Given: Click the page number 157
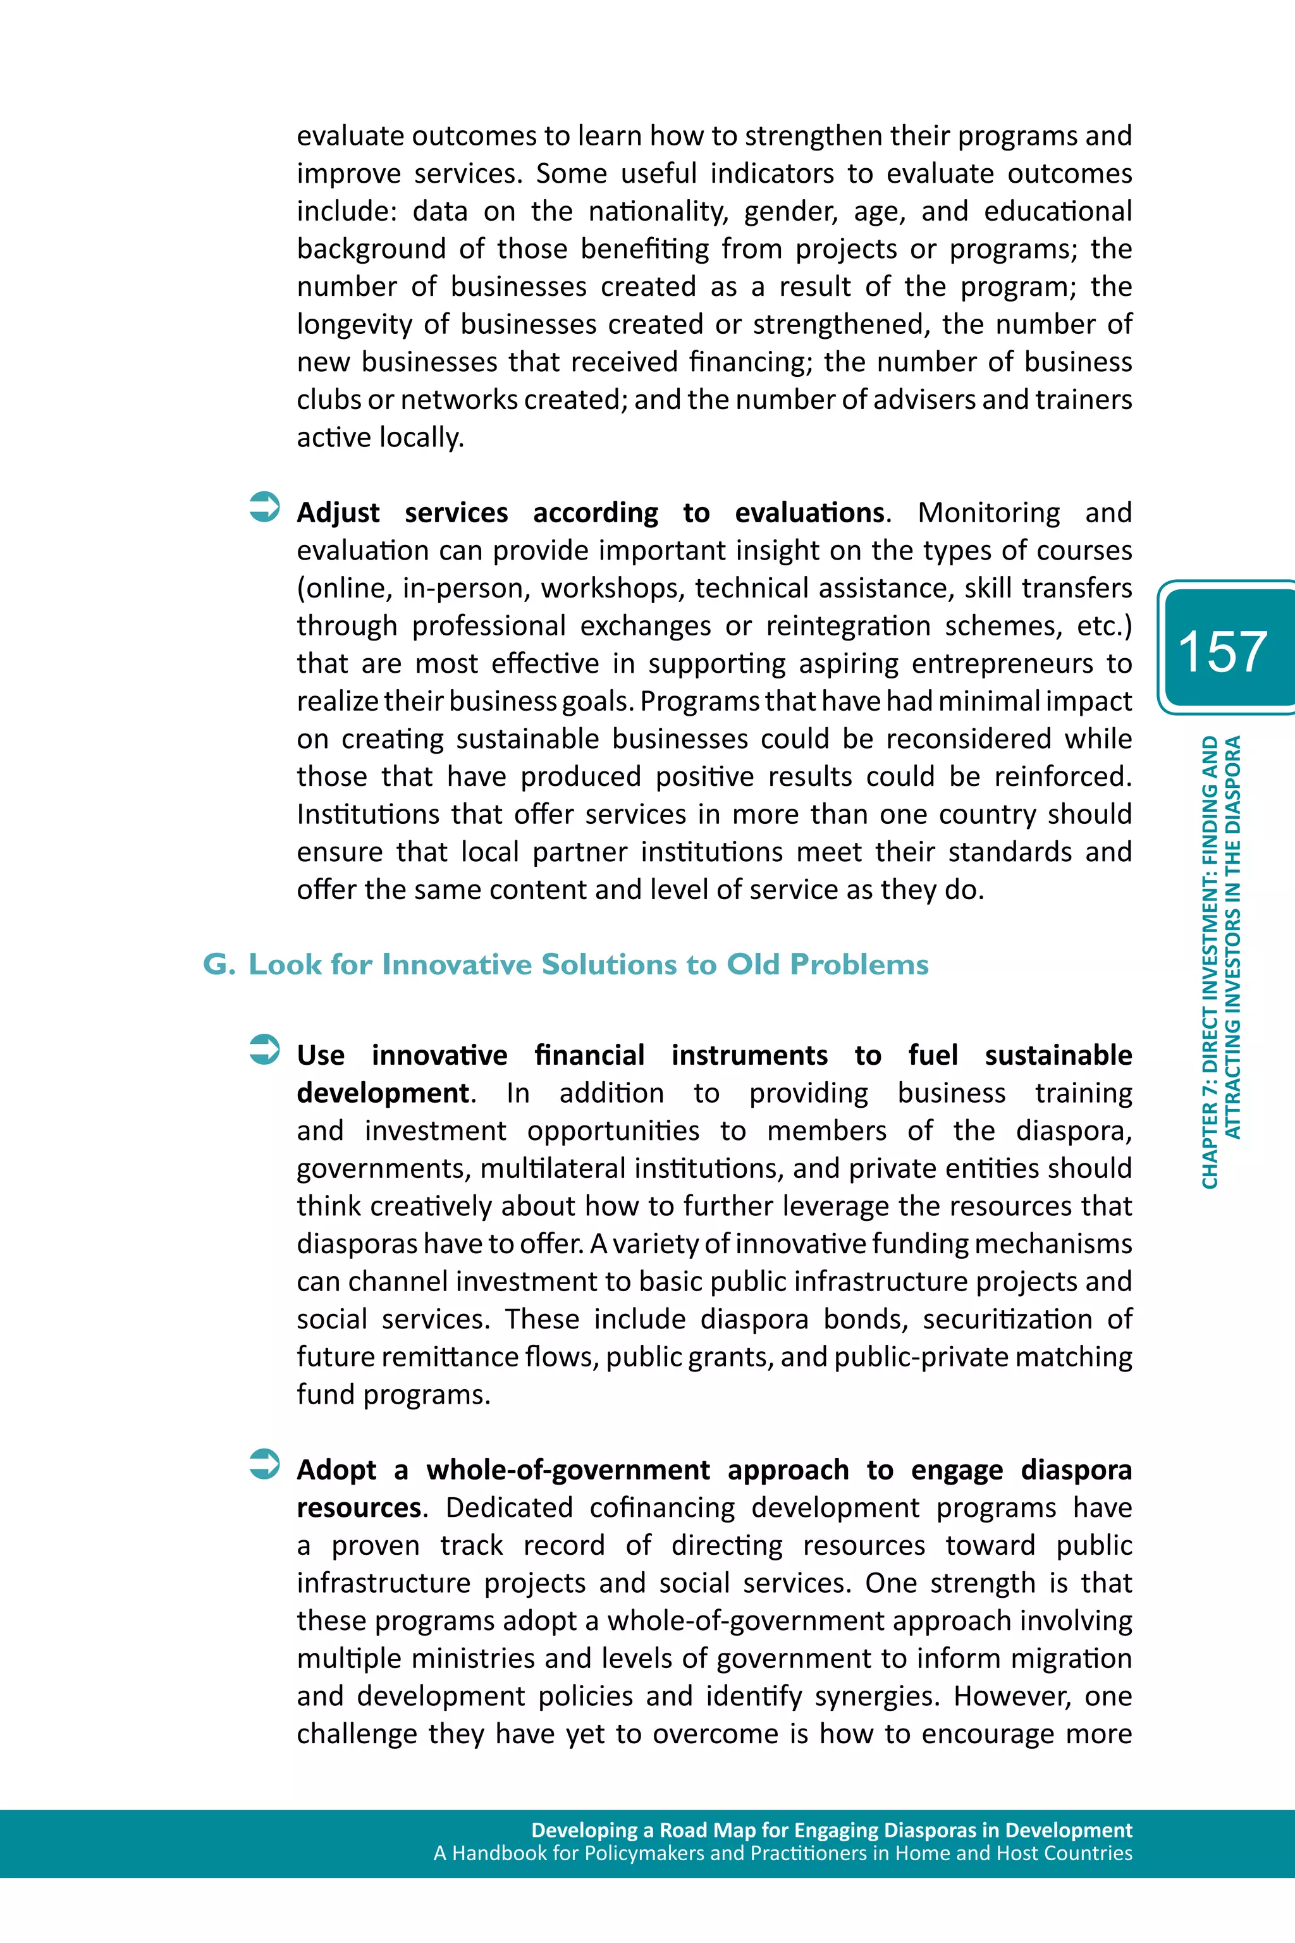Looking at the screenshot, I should pyautogui.click(x=1222, y=651).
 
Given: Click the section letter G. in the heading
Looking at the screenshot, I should pyautogui.click(x=219, y=964).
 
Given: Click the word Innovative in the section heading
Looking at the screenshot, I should pyautogui.click(x=456, y=964).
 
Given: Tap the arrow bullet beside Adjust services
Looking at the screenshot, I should pyautogui.click(x=264, y=507).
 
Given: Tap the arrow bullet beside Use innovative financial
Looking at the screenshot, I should pyautogui.click(x=264, y=1050).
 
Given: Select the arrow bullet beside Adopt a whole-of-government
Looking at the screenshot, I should pyautogui.click(x=264, y=1464).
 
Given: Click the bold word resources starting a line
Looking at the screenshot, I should pyautogui.click(x=359, y=1508).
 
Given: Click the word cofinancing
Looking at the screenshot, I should pyautogui.click(x=661, y=1508).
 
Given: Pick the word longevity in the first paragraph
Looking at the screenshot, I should pyautogui.click(x=353, y=324).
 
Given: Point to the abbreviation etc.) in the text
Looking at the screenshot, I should pyautogui.click(x=1103, y=626).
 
